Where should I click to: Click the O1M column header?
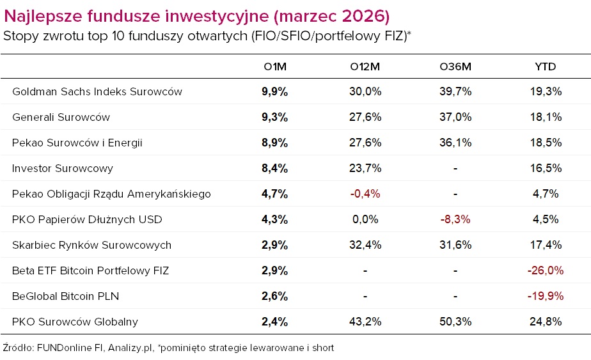pyautogui.click(x=274, y=67)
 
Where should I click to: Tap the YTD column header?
pyautogui.click(x=545, y=67)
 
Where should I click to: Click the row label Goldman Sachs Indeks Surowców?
pyautogui.click(x=97, y=91)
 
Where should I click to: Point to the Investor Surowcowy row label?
pyautogui.click(x=63, y=168)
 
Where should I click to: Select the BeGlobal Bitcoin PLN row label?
pyautogui.click(x=65, y=296)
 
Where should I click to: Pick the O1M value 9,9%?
pyautogui.click(x=274, y=91)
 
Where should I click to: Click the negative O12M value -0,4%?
pyautogui.click(x=365, y=194)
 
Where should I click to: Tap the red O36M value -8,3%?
pyautogui.click(x=455, y=219)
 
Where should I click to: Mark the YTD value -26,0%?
pyautogui.click(x=545, y=270)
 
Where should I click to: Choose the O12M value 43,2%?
pyautogui.click(x=365, y=322)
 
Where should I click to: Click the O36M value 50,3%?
pyautogui.click(x=455, y=322)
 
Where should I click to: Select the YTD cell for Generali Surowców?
pyautogui.click(x=545, y=117)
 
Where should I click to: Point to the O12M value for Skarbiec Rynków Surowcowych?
pyautogui.click(x=365, y=245)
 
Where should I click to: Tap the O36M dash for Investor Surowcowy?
pyautogui.click(x=455, y=168)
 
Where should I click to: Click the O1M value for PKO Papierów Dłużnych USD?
pyautogui.click(x=274, y=219)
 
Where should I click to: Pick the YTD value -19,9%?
pyautogui.click(x=545, y=296)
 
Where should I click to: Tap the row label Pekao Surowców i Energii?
pyautogui.click(x=77, y=143)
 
